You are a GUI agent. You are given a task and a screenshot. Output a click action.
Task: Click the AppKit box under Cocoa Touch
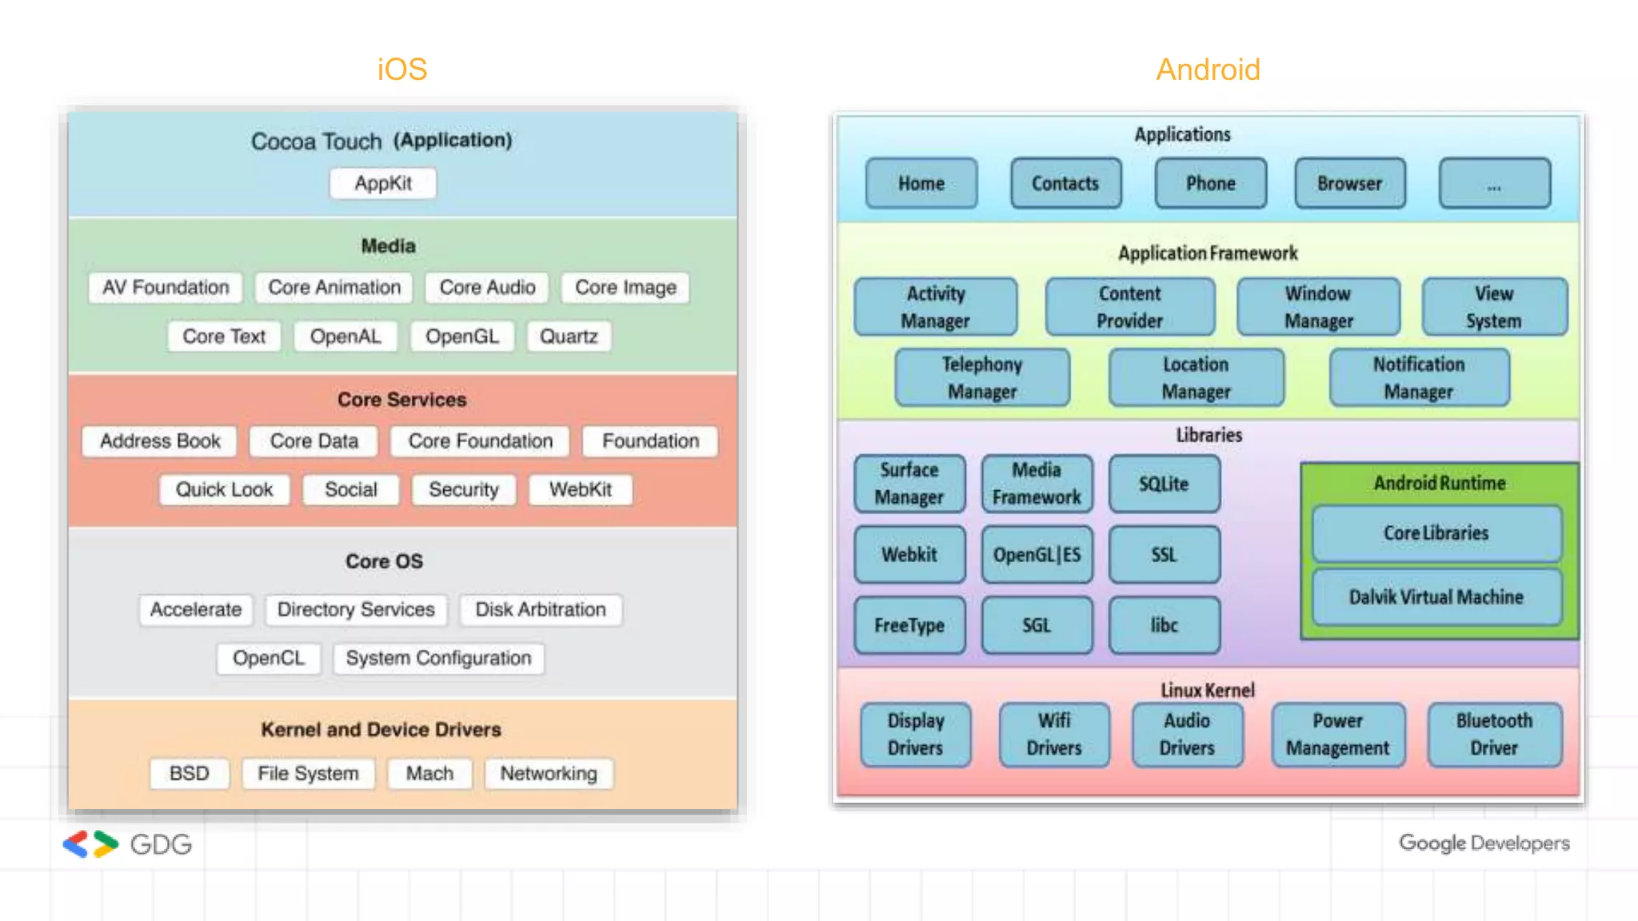tap(383, 183)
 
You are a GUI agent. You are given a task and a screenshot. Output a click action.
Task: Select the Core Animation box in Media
tap(334, 288)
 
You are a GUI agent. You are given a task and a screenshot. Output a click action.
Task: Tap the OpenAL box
tap(346, 337)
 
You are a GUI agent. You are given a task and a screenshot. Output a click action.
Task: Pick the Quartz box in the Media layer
tap(569, 337)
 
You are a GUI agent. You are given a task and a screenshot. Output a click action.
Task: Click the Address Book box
tap(160, 441)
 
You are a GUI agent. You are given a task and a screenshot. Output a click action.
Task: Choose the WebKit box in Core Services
tap(581, 490)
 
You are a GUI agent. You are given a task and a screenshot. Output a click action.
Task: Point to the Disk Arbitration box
tap(541, 610)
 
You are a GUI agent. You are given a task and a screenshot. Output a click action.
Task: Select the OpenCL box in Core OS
tap(269, 659)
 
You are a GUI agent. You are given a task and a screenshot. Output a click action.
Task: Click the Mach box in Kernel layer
tap(429, 774)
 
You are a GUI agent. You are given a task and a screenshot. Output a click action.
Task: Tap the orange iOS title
tap(402, 70)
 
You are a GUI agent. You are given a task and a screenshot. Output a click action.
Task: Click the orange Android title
tap(1208, 70)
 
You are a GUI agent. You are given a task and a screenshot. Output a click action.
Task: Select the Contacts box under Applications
tap(1065, 184)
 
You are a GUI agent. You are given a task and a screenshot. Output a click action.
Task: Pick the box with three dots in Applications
tap(1494, 184)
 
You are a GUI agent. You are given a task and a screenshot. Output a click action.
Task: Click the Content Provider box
tap(1129, 307)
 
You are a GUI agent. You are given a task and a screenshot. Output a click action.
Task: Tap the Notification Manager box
tap(1419, 378)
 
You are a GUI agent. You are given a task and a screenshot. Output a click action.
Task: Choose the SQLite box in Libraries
tap(1164, 484)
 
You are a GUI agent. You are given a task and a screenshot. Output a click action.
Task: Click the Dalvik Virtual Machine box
tap(1436, 597)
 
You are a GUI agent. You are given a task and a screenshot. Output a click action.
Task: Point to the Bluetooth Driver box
tap(1494, 735)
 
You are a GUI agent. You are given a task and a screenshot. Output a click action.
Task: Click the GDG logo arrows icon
tap(90, 844)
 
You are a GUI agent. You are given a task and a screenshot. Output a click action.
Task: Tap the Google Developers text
tap(1484, 843)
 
